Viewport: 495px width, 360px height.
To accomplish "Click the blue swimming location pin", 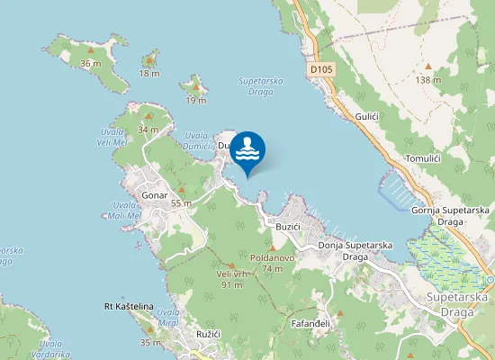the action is (247, 151).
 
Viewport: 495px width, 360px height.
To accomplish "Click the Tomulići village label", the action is (423, 158).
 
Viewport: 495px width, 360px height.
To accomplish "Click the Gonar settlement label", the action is (155, 195).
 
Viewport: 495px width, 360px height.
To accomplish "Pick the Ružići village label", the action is (210, 334).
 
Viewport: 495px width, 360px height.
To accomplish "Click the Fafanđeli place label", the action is (311, 323).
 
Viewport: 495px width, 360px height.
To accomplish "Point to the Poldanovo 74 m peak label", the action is (273, 263).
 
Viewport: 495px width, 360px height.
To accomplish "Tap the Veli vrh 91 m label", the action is (231, 279).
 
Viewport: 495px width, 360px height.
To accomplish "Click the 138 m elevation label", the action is (428, 80).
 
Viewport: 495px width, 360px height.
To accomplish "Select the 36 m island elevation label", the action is (90, 63).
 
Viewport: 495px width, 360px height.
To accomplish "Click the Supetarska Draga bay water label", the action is (262, 86).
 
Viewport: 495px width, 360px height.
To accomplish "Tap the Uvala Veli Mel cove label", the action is (112, 137).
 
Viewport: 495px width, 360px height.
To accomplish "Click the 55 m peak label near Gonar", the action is (182, 203).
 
